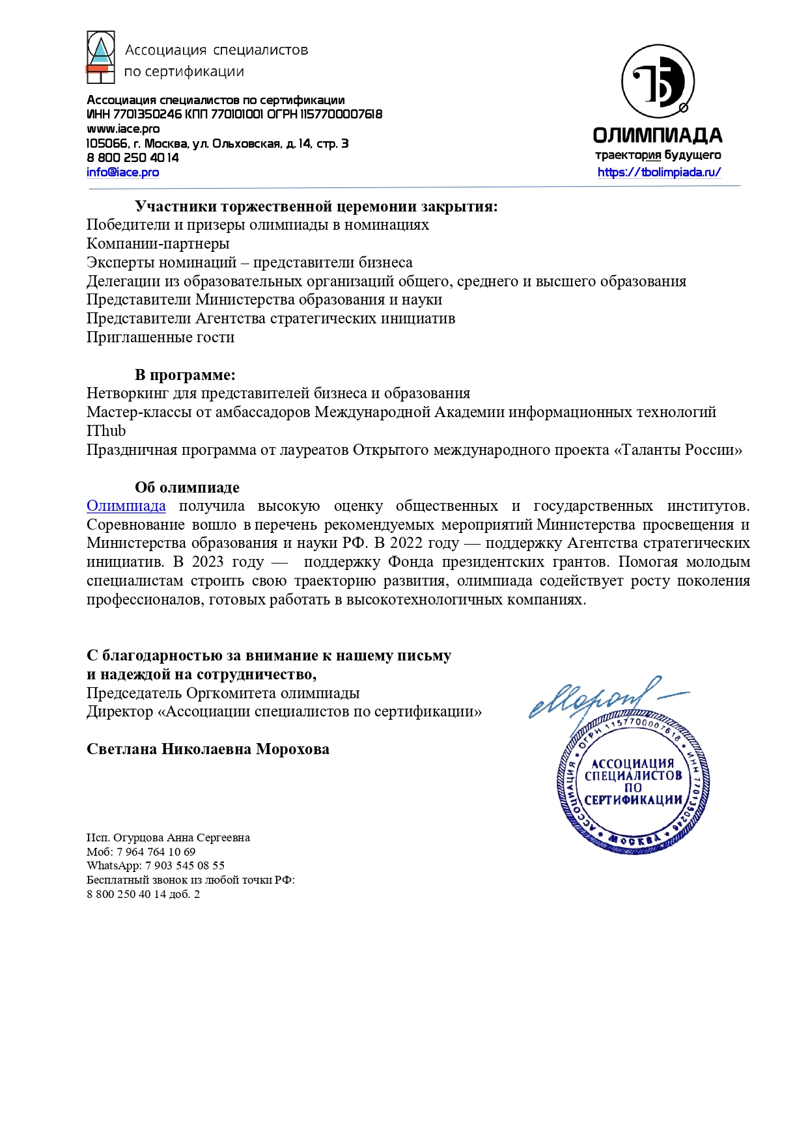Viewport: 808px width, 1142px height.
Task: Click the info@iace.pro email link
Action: [122, 172]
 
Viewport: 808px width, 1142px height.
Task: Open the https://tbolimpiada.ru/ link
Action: [659, 172]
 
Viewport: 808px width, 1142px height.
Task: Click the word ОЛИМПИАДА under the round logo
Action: [658, 135]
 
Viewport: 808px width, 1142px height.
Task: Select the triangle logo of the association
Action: [101, 57]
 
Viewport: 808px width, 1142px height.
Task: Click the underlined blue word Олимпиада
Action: [126, 506]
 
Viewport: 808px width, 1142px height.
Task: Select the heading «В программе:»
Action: [185, 375]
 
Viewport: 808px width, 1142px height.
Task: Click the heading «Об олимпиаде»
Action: [187, 487]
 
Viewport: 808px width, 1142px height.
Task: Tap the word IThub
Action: [106, 431]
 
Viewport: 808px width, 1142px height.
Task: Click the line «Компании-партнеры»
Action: [158, 244]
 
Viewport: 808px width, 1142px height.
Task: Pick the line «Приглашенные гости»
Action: [160, 338]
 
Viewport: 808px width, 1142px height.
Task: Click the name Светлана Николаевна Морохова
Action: [208, 750]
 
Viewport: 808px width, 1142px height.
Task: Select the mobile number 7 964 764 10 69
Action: [156, 852]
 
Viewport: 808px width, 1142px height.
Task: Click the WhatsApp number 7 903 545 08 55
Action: [185, 866]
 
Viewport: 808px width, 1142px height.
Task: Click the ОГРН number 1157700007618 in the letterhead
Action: [341, 115]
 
